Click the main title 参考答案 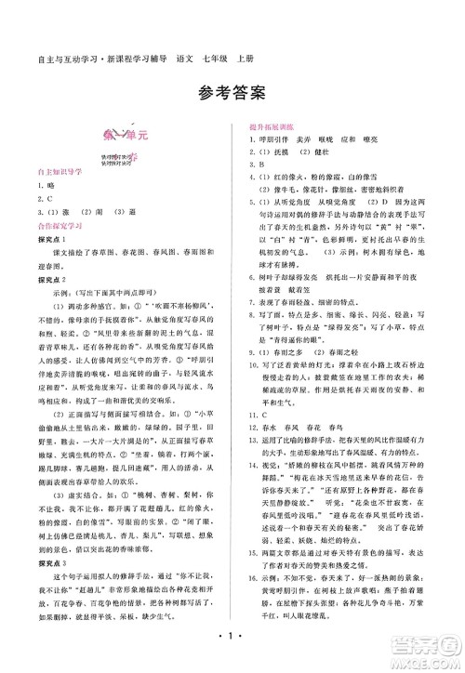(x=232, y=91)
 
